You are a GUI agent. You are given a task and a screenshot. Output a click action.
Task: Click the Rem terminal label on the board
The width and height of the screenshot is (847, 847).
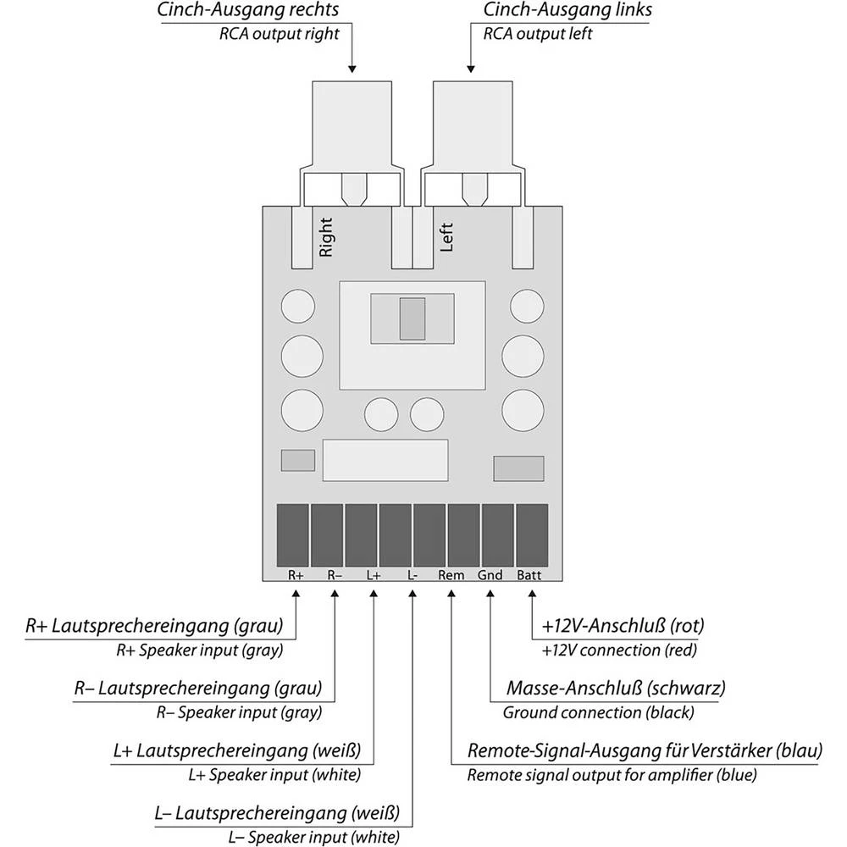coord(451,575)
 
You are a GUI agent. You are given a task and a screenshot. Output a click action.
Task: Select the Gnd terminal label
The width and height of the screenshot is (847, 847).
coord(490,575)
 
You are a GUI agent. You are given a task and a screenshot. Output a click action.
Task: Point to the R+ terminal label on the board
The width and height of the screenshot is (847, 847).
coord(296,575)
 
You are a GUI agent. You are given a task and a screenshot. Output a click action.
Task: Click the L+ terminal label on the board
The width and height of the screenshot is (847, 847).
coord(374,575)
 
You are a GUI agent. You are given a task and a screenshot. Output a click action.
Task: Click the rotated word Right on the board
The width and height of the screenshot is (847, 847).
coord(326,236)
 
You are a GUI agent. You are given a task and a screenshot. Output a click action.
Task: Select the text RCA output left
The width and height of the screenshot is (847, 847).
coord(537,35)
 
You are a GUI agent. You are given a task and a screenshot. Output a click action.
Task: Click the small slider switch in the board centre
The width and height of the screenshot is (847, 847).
coord(412,318)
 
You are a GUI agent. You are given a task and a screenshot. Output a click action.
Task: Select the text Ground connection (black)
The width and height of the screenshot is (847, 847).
coord(598,712)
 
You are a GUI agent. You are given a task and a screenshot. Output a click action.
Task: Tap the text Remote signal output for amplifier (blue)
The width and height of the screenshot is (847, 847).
coord(612,774)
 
